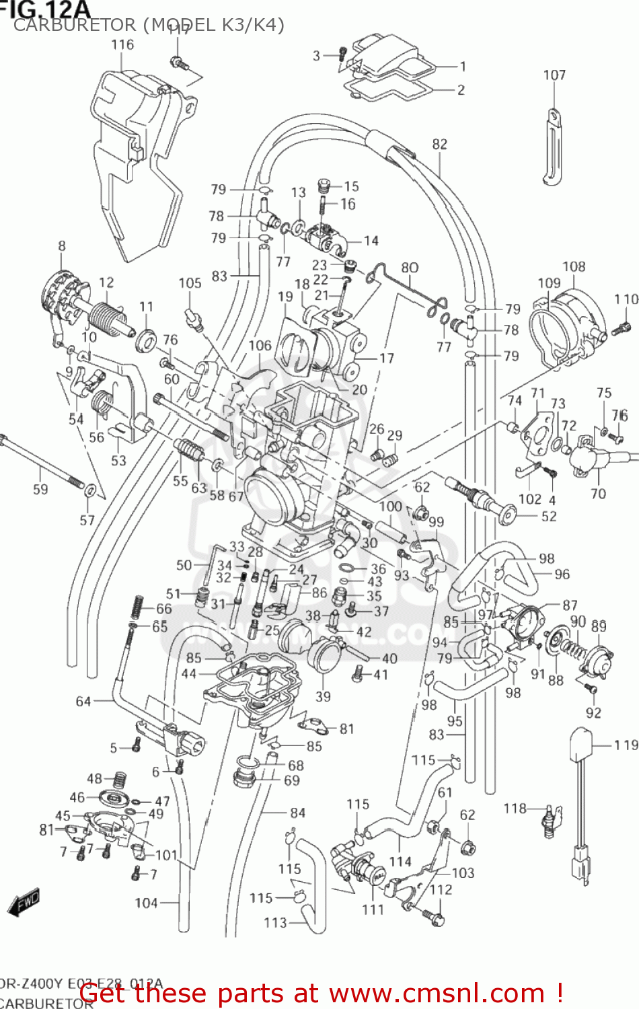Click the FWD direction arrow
click(24, 903)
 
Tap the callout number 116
click(122, 45)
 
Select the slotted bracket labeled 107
click(553, 148)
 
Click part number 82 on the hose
click(439, 144)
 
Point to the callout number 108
click(574, 266)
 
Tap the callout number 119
click(626, 745)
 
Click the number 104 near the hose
click(146, 903)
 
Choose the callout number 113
click(275, 923)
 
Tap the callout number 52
click(549, 516)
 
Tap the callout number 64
click(83, 702)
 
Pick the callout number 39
click(323, 696)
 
